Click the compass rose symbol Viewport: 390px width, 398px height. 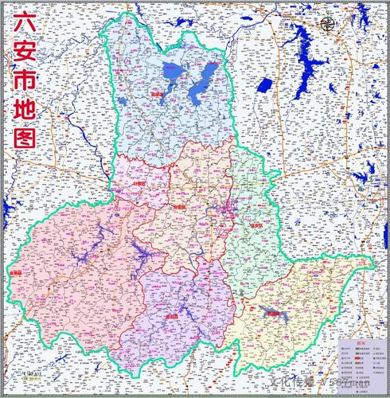coord(326,24)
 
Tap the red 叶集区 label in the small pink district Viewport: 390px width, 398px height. coord(139,184)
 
